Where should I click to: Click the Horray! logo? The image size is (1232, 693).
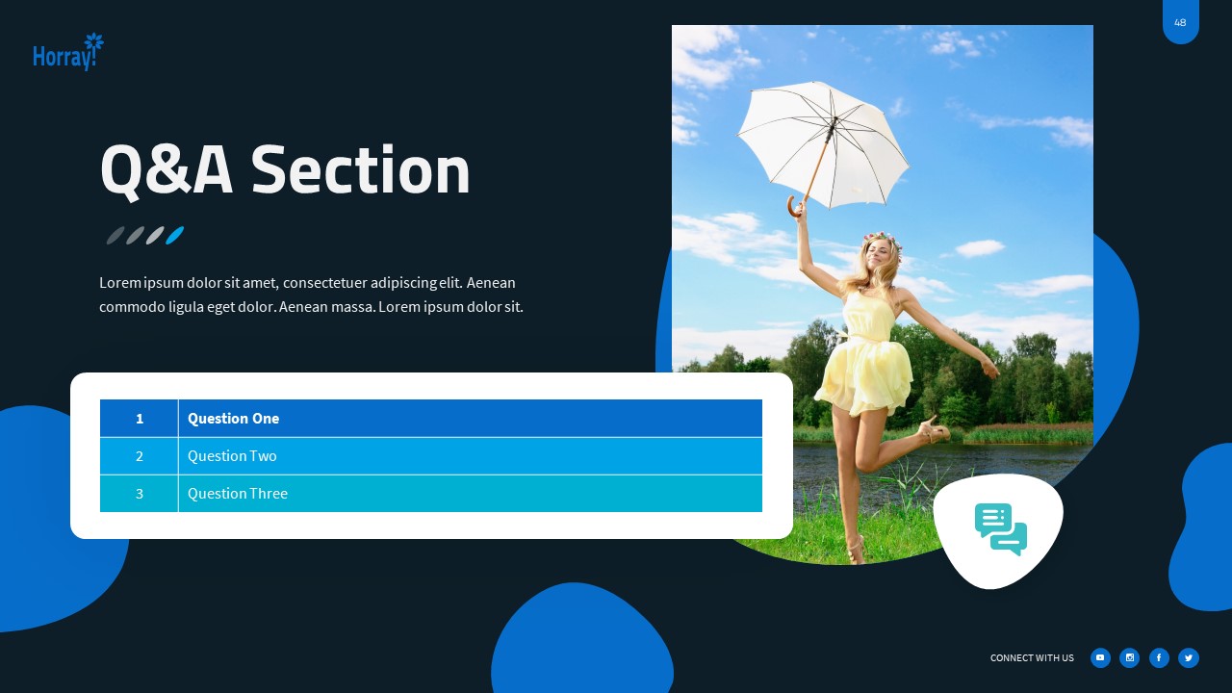(67, 53)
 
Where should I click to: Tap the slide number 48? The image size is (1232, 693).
(1180, 22)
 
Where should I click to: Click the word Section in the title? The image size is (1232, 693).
(361, 170)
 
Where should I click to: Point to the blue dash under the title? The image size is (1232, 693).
(174, 235)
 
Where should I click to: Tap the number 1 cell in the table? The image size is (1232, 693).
(140, 419)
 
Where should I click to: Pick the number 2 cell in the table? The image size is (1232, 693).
(140, 456)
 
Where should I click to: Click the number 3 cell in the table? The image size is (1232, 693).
(140, 494)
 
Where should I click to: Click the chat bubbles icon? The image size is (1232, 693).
(1000, 529)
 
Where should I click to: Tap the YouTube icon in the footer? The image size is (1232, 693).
(1100, 658)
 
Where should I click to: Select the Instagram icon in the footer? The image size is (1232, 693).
(1130, 658)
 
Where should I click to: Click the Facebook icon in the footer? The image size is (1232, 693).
(1159, 658)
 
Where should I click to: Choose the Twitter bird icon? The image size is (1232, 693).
(1189, 658)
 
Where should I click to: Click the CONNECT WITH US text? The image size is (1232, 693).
(1032, 658)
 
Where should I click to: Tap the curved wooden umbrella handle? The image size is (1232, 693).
(795, 206)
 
